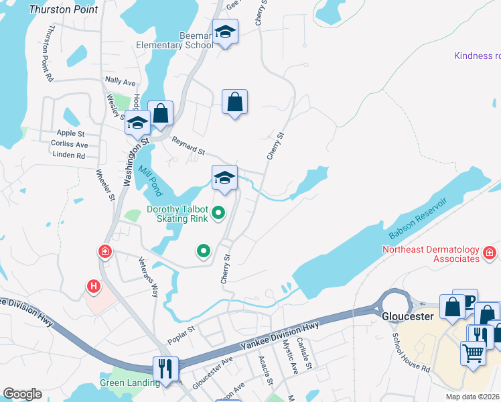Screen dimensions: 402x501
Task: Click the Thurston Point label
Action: point(64,9)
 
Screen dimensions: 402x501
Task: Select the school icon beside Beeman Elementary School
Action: point(226,31)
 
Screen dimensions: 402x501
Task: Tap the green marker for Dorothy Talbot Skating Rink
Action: point(218,214)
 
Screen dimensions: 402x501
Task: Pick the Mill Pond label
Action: point(151,178)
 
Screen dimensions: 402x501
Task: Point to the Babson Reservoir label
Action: point(418,218)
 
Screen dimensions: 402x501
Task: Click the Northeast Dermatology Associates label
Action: point(431,255)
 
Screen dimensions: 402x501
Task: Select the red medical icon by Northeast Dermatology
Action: point(490,253)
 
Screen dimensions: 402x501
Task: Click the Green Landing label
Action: point(130,383)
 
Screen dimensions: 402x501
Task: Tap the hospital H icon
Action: point(94,287)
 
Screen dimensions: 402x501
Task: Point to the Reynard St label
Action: point(188,146)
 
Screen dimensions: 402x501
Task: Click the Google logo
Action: point(22,394)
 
